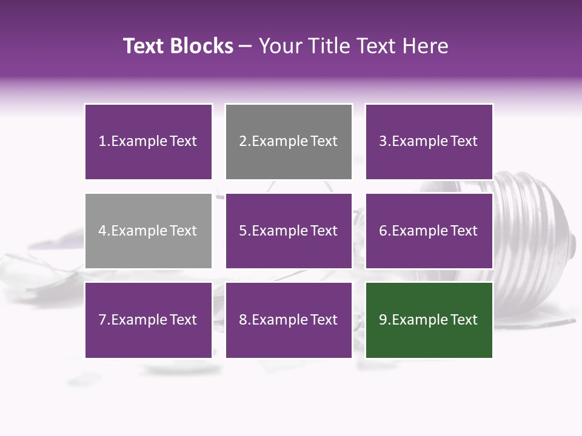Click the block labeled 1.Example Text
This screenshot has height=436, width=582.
tap(148, 142)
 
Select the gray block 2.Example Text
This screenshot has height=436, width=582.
tap(289, 142)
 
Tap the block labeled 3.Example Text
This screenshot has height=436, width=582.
tap(429, 142)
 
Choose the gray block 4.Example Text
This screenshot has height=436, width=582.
tap(148, 231)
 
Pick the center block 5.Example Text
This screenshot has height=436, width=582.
tap(289, 231)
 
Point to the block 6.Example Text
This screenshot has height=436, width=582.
tap(429, 231)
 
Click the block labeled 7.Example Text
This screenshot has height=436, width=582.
tap(148, 320)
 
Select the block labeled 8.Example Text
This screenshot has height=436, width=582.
tap(289, 320)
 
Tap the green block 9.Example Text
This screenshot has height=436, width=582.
tap(429, 320)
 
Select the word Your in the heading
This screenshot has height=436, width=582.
tap(278, 46)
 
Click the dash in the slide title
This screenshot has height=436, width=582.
tap(246, 46)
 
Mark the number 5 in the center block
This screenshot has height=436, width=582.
tap(242, 231)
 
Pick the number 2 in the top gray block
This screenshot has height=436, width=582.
tap(242, 142)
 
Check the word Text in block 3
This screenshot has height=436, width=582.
tap(464, 142)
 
